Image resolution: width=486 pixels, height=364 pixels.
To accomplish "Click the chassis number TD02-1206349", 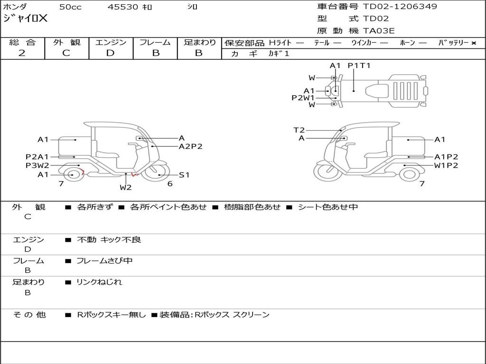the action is tap(400, 7).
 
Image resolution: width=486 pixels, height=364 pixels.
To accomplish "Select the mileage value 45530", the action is tap(123, 7).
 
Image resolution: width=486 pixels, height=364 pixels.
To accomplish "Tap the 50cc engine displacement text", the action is tap(70, 7).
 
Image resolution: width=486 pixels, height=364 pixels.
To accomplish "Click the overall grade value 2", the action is tap(22, 53).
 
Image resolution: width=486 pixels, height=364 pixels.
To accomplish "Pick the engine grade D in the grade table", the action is tap(111, 53).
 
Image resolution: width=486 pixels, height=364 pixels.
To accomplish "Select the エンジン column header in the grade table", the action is tap(111, 43).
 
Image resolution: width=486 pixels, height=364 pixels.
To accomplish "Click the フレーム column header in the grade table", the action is tap(155, 43).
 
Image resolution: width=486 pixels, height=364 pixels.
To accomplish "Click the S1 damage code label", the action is tap(184, 175).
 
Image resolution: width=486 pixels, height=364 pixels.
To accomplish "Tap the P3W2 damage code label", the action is tap(37, 165).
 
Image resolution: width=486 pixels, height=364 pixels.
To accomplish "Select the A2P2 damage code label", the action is tap(190, 146).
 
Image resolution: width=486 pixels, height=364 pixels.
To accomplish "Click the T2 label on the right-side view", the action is tap(299, 130).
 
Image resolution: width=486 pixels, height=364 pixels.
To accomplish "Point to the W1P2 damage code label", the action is tap(446, 165).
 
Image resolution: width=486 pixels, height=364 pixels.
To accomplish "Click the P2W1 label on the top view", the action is tap(303, 98).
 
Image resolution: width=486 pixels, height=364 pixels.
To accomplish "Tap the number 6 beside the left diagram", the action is tap(169, 184).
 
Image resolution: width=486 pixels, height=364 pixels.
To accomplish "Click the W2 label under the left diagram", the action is tap(125, 187).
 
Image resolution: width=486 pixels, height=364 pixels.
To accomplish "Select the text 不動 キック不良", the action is tap(109, 240).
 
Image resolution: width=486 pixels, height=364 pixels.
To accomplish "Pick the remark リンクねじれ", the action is tap(99, 282).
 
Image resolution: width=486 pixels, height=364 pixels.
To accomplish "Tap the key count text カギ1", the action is tap(279, 54).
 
